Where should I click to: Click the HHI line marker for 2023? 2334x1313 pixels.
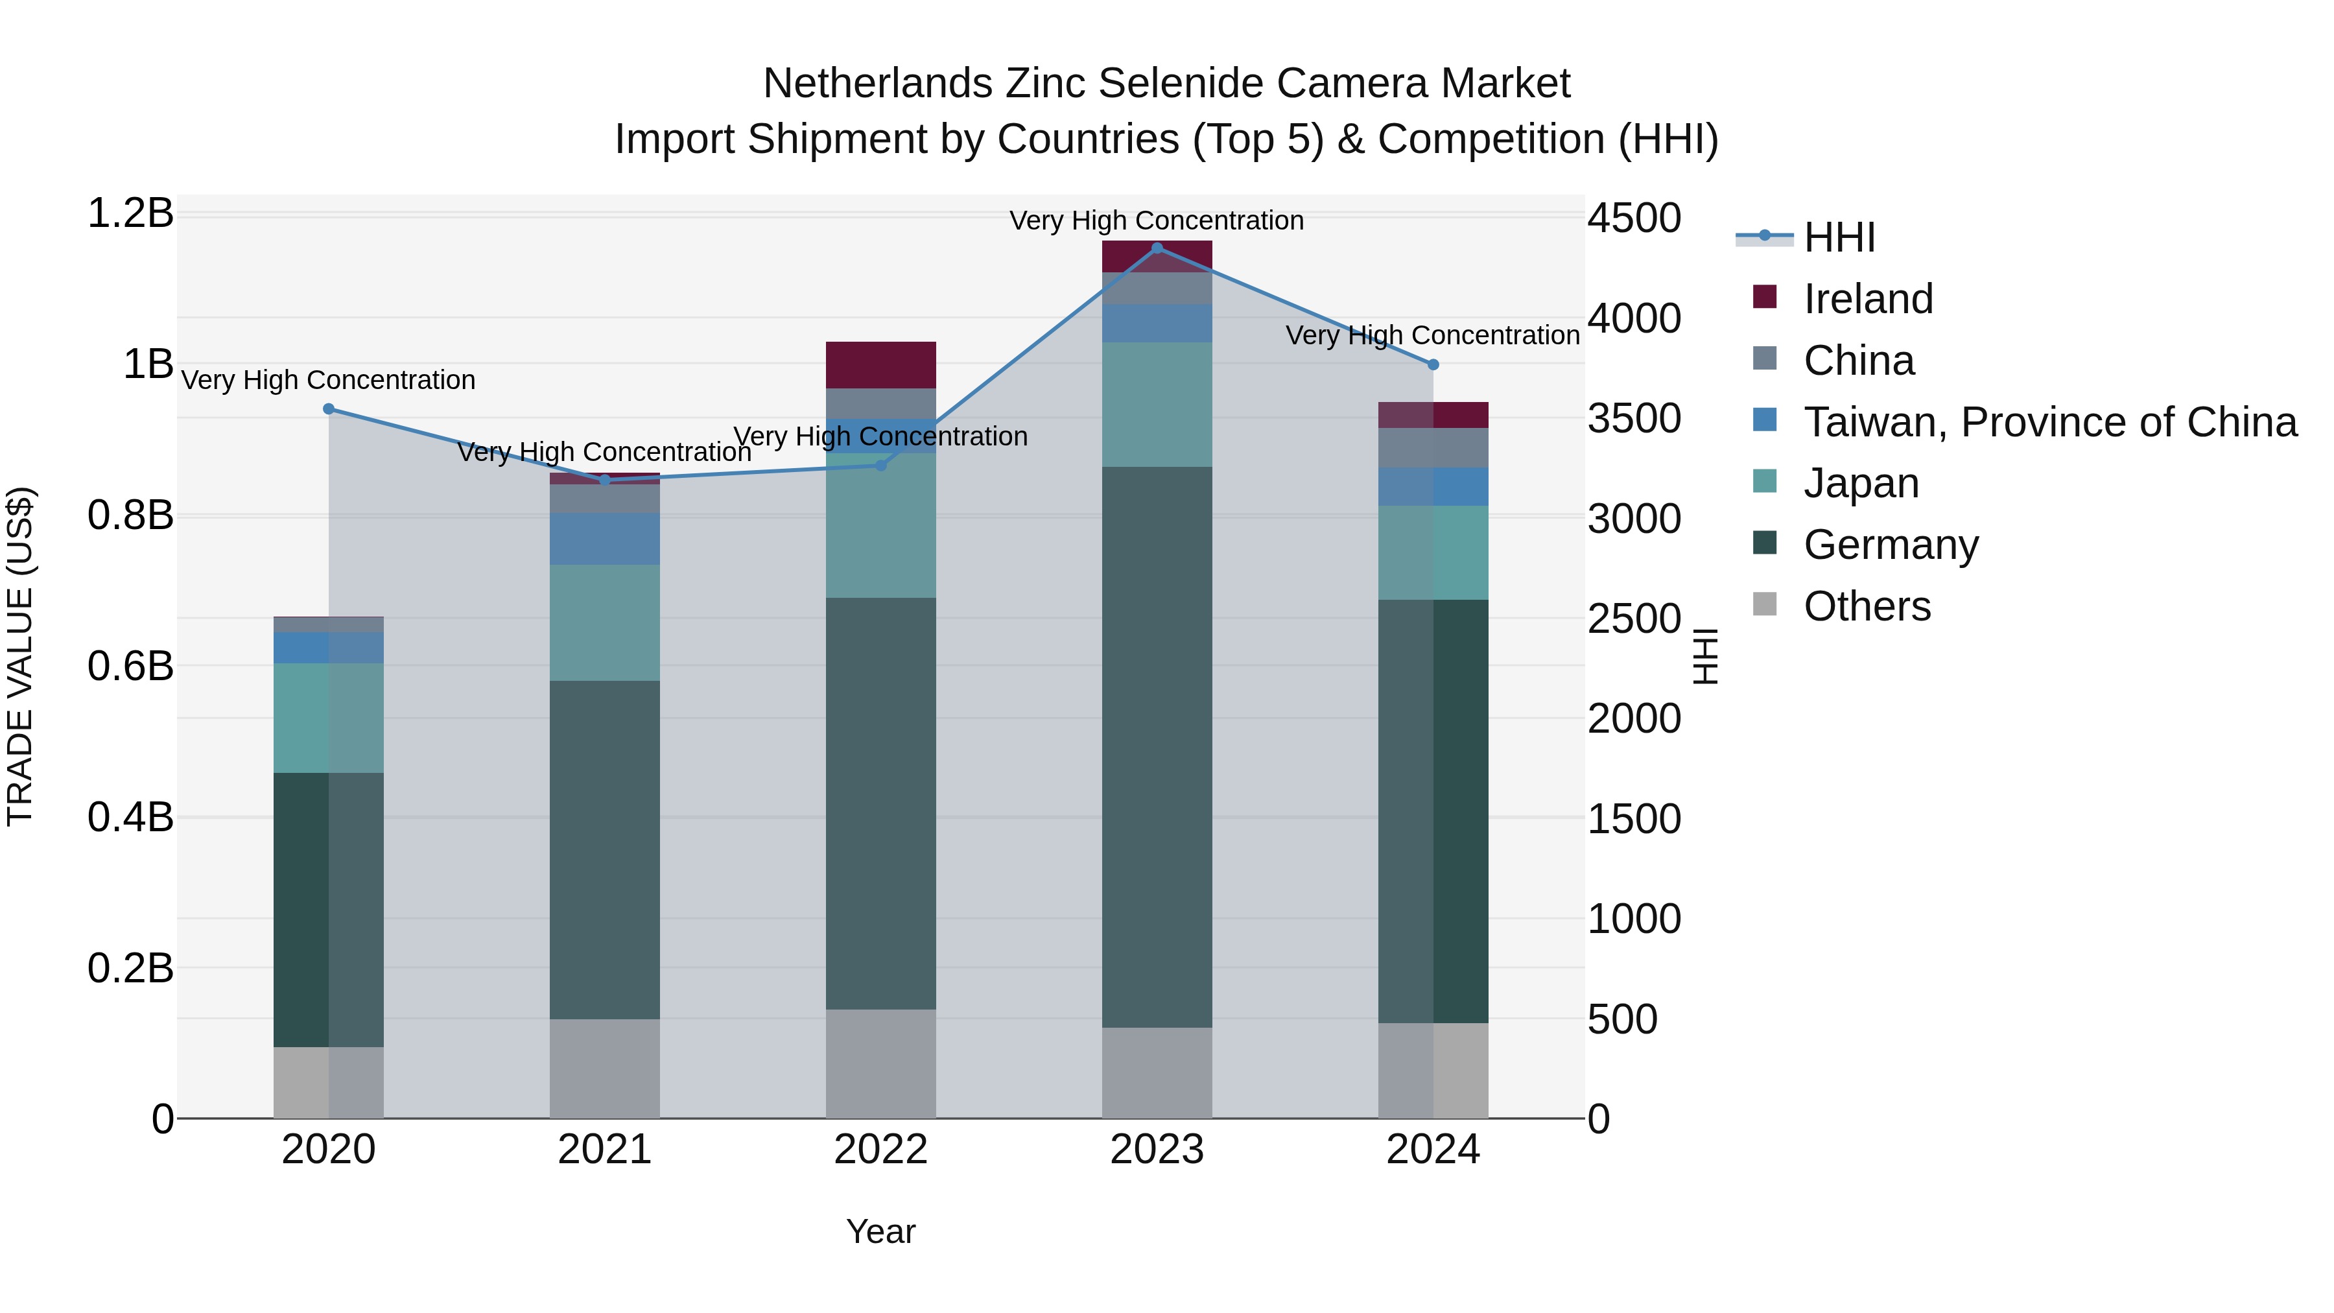click(x=1157, y=248)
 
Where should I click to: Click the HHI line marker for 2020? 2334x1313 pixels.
click(x=329, y=408)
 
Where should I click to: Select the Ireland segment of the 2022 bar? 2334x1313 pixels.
click(x=880, y=365)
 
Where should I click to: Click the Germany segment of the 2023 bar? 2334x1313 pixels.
click(x=1157, y=747)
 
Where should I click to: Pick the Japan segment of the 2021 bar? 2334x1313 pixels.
click(x=604, y=622)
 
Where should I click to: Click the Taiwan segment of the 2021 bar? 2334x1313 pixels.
click(x=604, y=539)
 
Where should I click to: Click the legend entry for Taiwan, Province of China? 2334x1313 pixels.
click(x=2049, y=422)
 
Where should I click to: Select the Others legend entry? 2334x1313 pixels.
click(x=1867, y=606)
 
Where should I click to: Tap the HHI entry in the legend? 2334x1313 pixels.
click(x=1839, y=237)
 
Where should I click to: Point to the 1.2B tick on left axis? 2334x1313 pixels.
click(x=130, y=214)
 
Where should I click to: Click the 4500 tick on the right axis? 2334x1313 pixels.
click(x=1634, y=219)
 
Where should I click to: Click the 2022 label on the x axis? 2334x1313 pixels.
click(x=880, y=1150)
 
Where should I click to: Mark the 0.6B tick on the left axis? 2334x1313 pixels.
click(x=130, y=666)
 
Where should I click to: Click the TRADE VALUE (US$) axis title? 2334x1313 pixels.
click(x=20, y=656)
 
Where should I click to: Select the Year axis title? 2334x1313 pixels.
click(x=880, y=1231)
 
